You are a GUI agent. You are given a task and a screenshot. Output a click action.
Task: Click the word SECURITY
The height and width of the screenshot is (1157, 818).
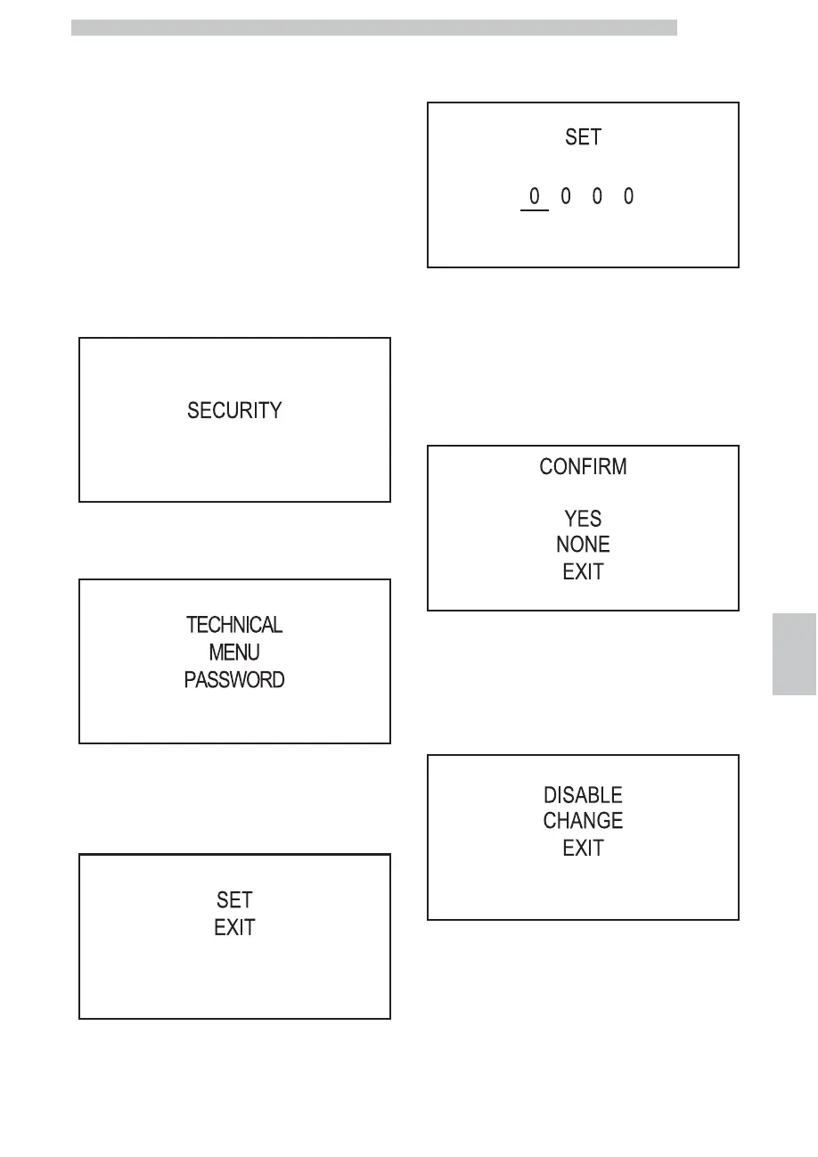[234, 411]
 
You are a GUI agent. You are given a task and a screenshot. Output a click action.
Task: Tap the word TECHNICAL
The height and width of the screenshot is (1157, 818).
[234, 625]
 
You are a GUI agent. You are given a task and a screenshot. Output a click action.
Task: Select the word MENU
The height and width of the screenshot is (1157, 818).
[234, 652]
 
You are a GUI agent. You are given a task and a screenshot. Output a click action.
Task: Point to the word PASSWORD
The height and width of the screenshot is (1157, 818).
[234, 680]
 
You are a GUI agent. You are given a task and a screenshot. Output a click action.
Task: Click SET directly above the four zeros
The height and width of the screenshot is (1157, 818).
[584, 137]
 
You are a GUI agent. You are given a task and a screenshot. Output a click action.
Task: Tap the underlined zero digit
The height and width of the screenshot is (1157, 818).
[534, 196]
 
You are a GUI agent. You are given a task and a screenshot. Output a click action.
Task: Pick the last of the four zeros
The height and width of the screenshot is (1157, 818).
[628, 196]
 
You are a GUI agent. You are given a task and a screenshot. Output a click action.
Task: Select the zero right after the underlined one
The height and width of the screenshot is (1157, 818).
[565, 196]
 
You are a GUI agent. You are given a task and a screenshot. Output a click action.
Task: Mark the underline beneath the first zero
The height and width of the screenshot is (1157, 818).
[534, 210]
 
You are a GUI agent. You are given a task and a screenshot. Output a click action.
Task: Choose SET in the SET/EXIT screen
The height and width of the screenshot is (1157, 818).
[234, 900]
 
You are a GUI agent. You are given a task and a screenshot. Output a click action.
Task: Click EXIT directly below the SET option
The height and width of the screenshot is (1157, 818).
[234, 928]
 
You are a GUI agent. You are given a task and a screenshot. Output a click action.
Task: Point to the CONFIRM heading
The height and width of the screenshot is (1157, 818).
[584, 467]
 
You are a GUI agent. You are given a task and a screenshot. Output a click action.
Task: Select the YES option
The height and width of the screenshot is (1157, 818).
[584, 518]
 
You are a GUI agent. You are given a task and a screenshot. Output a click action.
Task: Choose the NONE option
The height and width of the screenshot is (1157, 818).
[584, 545]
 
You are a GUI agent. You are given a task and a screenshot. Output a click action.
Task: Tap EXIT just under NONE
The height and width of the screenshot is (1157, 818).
[584, 572]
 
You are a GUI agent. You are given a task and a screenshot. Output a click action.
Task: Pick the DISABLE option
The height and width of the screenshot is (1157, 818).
[584, 794]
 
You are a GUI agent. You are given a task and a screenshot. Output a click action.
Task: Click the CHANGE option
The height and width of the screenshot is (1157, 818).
[584, 820]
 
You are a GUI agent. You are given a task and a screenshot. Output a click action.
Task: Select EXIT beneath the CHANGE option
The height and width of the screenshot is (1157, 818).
[584, 849]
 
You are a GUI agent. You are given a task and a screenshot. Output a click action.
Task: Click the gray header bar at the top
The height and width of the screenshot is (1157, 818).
[374, 28]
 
